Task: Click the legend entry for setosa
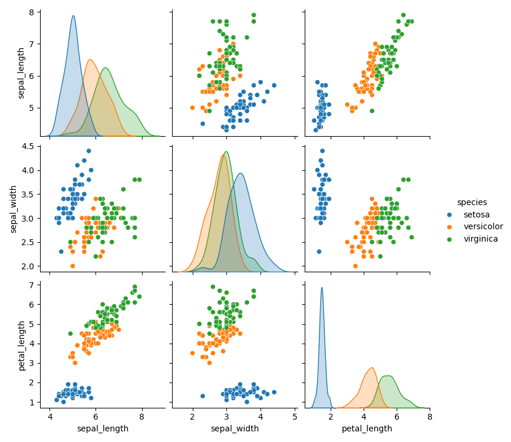click(476, 215)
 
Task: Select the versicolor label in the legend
click(483, 227)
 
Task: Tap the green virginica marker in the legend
click(450, 239)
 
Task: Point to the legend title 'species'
click(472, 202)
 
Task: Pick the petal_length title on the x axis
click(367, 428)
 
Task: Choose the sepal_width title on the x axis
click(235, 428)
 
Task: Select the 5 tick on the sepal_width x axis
click(295, 416)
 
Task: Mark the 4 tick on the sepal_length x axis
click(50, 416)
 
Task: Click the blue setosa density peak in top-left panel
click(73, 16)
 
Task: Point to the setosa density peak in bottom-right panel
click(322, 288)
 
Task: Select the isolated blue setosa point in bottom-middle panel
click(203, 396)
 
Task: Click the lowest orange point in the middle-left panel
click(72, 266)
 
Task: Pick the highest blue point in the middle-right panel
click(322, 151)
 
